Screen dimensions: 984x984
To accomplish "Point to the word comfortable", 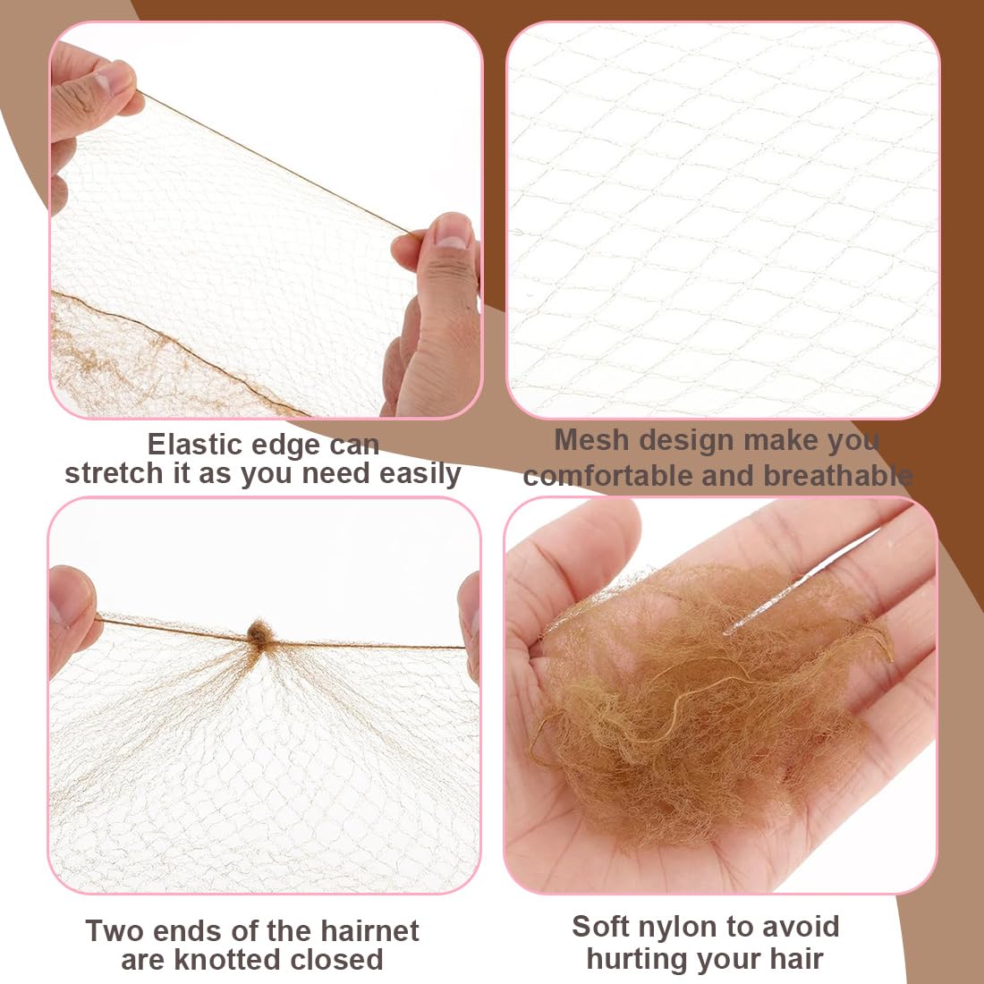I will (x=608, y=476).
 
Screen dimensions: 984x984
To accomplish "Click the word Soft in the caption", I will (x=600, y=927).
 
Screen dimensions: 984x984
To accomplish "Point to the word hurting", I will (x=637, y=959).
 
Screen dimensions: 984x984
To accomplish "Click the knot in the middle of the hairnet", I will (x=259, y=633).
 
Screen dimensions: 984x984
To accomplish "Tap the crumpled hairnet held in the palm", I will (x=707, y=698).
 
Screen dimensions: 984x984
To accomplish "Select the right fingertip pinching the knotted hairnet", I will (x=469, y=608).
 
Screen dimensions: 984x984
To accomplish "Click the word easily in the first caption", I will (x=420, y=473).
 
